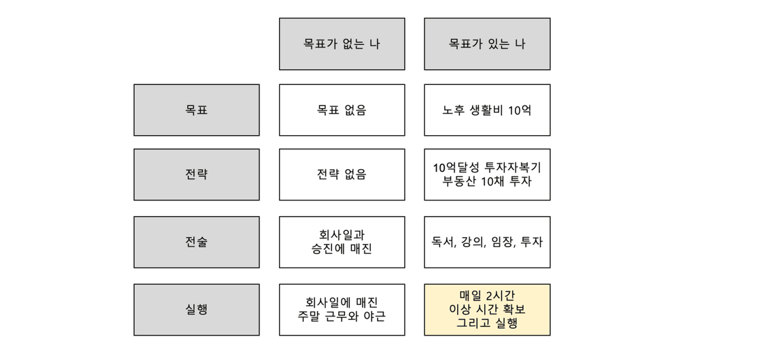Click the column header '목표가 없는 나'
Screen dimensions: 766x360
pyautogui.click(x=342, y=44)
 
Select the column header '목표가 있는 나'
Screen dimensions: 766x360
pyautogui.click(x=487, y=44)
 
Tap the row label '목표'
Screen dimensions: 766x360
pyautogui.click(x=196, y=110)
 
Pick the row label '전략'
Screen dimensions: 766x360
pyautogui.click(x=196, y=175)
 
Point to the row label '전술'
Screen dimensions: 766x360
pyautogui.click(x=196, y=242)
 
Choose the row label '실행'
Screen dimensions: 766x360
pyautogui.click(x=196, y=310)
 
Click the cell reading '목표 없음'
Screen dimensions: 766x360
pyautogui.click(x=342, y=110)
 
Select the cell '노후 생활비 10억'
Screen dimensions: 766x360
pyautogui.click(x=487, y=110)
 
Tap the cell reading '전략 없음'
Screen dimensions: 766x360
pyautogui.click(x=342, y=175)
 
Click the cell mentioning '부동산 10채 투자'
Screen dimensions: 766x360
pyautogui.click(x=487, y=175)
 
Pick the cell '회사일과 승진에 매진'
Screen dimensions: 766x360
pyautogui.click(x=342, y=242)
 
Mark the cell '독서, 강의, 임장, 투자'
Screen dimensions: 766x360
pyautogui.click(x=487, y=242)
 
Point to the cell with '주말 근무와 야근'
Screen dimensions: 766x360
pyautogui.click(x=342, y=310)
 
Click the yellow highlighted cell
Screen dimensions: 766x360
pyautogui.click(x=487, y=310)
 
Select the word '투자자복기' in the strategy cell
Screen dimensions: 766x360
pyautogui.click(x=513, y=168)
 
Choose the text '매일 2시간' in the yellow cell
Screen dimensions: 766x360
pyautogui.click(x=487, y=295)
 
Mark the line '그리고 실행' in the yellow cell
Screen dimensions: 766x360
pyautogui.click(x=487, y=323)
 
